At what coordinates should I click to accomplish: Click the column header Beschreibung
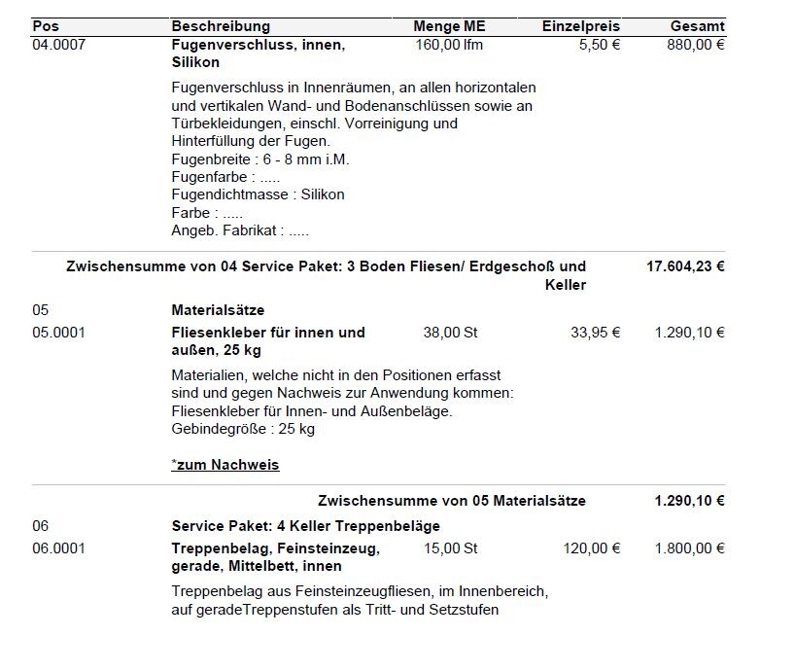[x=221, y=26]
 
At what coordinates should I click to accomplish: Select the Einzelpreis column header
[x=580, y=26]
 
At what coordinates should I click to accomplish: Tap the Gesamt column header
[x=697, y=26]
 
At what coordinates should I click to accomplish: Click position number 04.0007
[x=58, y=45]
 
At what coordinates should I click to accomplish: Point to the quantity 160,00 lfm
[x=448, y=45]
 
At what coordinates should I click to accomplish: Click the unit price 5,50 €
[x=599, y=45]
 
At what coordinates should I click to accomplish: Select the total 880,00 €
[x=696, y=45]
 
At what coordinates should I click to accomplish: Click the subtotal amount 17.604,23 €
[x=685, y=266]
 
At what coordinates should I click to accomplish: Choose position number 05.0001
[x=58, y=333]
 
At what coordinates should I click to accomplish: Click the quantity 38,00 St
[x=450, y=333]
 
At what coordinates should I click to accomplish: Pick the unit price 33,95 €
[x=595, y=333]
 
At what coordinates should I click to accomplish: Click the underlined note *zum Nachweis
[x=225, y=465]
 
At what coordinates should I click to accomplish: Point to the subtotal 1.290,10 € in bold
[x=689, y=501]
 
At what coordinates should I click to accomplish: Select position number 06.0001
[x=58, y=548]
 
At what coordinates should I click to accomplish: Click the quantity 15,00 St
[x=450, y=548]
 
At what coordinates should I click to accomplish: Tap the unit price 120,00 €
[x=591, y=548]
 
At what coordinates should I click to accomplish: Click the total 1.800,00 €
[x=689, y=548]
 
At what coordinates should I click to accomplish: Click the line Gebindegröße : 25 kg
[x=243, y=429]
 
